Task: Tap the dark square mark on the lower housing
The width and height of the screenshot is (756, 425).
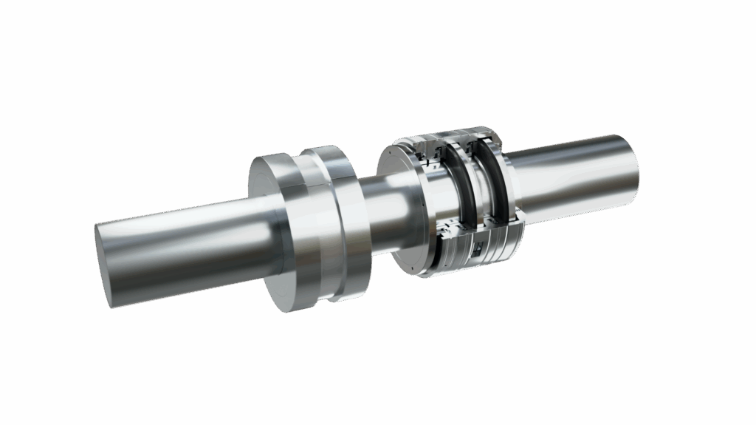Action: click(x=478, y=250)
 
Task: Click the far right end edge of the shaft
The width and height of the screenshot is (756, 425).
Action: click(x=633, y=166)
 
